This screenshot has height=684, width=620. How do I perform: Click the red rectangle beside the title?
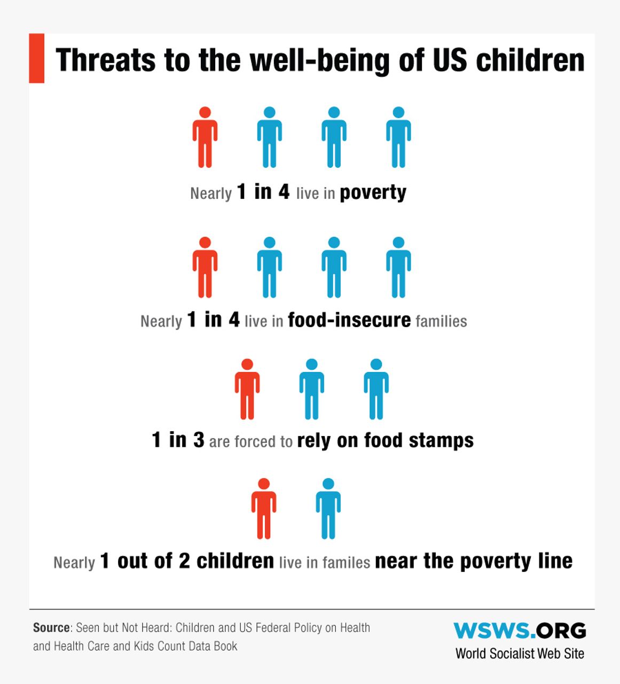click(36, 58)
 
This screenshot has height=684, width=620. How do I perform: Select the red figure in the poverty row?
click(205, 137)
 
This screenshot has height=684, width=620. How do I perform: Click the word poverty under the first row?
click(373, 192)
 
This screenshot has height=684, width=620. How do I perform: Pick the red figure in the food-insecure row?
click(205, 267)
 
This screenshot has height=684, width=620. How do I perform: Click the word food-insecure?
click(349, 320)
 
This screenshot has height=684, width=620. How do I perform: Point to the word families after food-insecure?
click(441, 321)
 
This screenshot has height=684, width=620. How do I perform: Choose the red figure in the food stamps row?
click(247, 389)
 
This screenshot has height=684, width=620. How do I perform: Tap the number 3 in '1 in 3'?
click(199, 440)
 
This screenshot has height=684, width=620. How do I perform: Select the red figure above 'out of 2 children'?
click(264, 509)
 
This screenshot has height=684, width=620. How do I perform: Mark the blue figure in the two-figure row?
click(328, 509)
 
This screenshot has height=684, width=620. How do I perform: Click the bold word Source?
click(51, 627)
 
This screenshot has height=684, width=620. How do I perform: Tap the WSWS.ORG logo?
click(520, 631)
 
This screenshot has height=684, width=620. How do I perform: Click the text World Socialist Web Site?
click(520, 654)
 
